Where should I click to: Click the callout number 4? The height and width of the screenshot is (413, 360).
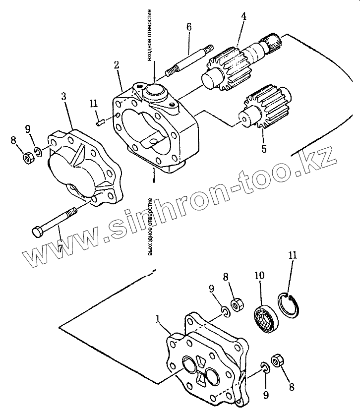pyautogui.click(x=243, y=16)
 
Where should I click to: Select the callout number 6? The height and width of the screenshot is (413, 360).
pyautogui.click(x=188, y=27)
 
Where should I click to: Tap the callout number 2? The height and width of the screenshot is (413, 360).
pyautogui.click(x=116, y=65)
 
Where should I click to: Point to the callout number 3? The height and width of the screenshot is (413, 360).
pyautogui.click(x=64, y=96)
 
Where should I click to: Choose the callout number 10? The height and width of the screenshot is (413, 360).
pyautogui.click(x=259, y=276)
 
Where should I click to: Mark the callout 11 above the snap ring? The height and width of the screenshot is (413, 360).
pyautogui.click(x=293, y=256)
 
